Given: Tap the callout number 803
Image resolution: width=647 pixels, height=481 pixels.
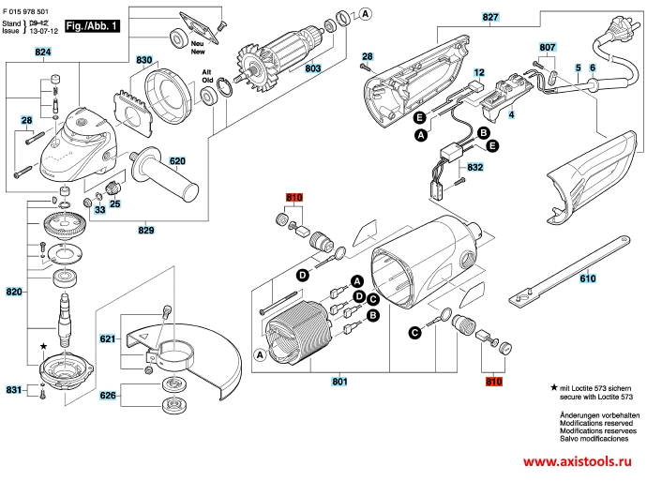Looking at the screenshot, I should [313, 68].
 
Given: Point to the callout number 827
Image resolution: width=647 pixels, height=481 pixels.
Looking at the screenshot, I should [490, 18].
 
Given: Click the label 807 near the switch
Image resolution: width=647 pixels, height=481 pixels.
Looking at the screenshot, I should [548, 46].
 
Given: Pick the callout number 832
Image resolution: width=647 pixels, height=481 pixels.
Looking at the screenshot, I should [474, 168].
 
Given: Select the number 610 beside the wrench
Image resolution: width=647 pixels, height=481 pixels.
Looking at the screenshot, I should [586, 278].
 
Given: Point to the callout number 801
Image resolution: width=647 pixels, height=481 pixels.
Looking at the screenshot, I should [339, 382].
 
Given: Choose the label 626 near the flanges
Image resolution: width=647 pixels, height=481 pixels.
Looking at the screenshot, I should [109, 396].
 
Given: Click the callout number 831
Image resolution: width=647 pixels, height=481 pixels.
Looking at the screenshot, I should [13, 389].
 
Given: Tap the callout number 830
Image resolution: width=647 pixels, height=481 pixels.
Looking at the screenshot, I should [144, 60].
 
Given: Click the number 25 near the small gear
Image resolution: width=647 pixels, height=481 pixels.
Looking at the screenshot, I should [116, 204].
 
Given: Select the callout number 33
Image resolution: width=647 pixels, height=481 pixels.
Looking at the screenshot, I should [99, 210].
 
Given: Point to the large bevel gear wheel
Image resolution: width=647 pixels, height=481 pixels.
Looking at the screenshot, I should [62, 228].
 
